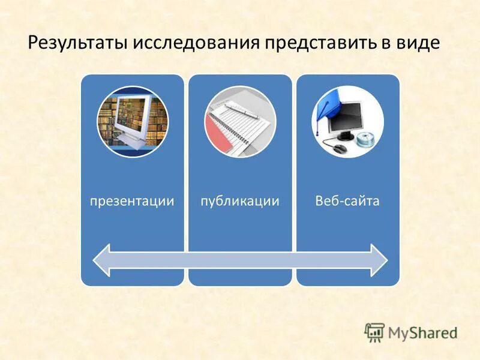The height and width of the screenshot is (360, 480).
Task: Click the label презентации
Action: point(132,201)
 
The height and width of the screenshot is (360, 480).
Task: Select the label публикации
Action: point(240,201)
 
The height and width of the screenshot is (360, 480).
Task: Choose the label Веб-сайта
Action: point(347,201)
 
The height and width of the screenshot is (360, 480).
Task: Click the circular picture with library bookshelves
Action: point(133,122)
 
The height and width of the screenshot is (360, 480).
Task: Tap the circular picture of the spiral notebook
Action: point(240,122)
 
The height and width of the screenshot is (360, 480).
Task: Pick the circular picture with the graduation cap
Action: point(347,122)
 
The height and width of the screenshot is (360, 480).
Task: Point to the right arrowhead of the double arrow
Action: point(379,260)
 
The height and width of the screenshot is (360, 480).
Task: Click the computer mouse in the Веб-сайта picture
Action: point(340,148)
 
